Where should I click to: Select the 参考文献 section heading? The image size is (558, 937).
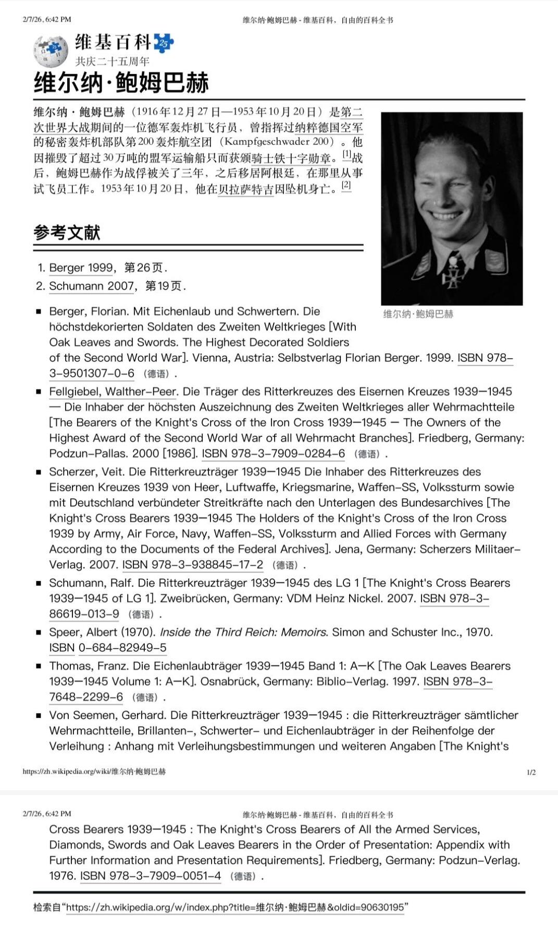67,232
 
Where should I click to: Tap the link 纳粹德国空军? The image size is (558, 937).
329,127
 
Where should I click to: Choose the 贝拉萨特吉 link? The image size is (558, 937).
246,189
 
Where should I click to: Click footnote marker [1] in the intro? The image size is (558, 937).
346,155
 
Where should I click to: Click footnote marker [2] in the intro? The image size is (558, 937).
346,185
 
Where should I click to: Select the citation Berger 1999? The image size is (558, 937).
81,268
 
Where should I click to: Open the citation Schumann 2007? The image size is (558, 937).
92,286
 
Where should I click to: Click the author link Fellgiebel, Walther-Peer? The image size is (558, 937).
114,391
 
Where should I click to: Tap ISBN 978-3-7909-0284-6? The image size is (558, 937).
274,453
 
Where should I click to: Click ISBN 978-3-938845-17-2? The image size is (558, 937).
193,565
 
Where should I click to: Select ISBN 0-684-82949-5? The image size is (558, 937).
122,648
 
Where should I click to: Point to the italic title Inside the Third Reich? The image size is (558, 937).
243,632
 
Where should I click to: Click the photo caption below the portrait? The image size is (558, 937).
418,314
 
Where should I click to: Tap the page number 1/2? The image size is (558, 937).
531,772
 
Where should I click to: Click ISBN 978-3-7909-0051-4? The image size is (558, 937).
151,876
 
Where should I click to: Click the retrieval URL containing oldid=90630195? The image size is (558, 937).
235,907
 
